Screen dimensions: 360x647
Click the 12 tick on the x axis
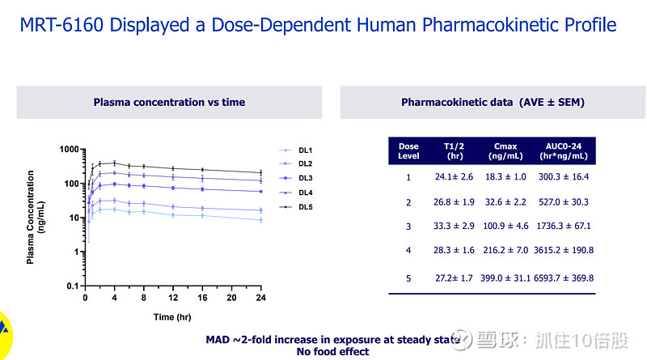tap(173, 297)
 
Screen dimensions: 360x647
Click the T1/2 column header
tap(454, 150)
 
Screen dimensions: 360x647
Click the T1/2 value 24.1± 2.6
tap(454, 176)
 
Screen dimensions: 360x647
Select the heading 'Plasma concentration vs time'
tap(169, 103)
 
